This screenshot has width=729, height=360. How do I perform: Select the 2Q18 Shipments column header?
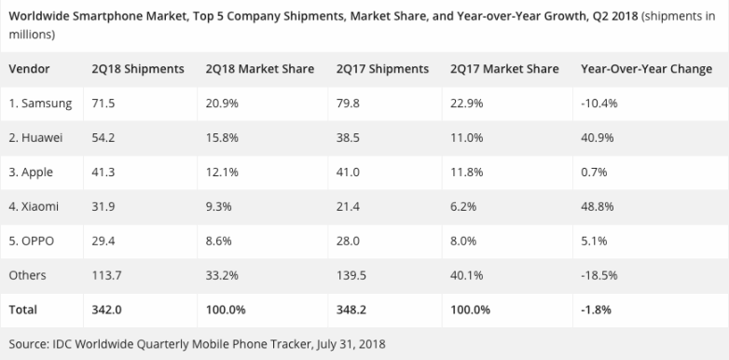point(137,69)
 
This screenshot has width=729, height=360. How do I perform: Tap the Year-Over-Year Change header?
point(646,69)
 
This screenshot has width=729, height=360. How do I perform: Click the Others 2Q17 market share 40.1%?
point(466,275)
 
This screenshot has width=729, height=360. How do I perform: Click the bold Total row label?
point(25,310)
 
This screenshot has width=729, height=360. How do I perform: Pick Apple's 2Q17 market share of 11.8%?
point(466,172)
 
